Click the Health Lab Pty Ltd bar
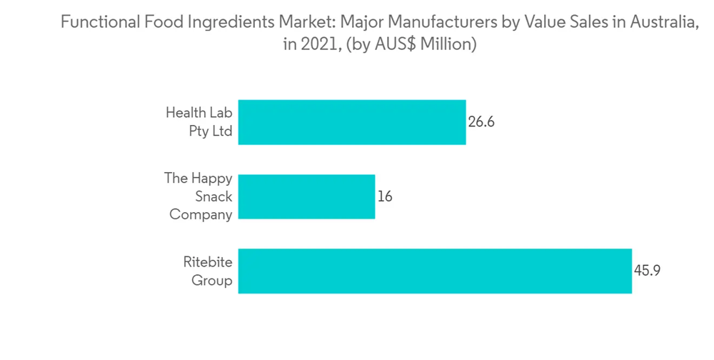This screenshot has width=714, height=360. click(351, 122)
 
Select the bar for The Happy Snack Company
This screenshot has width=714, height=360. click(306, 196)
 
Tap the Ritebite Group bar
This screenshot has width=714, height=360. click(434, 271)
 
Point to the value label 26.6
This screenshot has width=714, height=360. click(481, 122)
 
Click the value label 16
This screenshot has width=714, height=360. click(385, 196)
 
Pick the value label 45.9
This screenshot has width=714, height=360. click(647, 271)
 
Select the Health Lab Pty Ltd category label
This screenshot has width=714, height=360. click(198, 122)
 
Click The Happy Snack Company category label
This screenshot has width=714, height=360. click(198, 196)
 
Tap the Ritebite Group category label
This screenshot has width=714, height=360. click(208, 271)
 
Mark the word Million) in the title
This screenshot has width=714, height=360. click(448, 44)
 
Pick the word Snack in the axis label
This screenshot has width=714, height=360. click(213, 196)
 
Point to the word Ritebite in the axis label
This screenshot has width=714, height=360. click(208, 262)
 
